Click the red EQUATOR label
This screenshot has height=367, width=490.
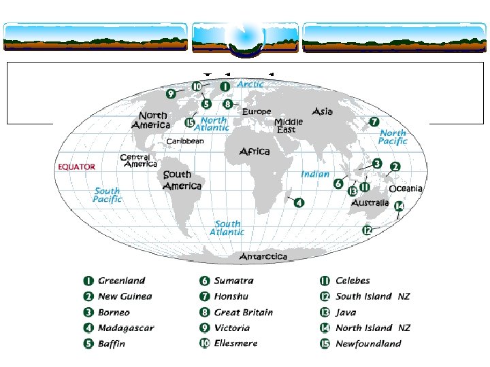(76, 167)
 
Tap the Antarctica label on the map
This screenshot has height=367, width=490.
(263, 256)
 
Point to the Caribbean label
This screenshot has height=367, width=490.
(185, 141)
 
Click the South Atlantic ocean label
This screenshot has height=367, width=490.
(227, 228)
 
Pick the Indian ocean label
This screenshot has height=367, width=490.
(315, 174)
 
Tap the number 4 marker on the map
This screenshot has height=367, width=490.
(299, 202)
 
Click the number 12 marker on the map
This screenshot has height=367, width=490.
(367, 230)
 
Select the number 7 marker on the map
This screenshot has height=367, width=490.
(374, 122)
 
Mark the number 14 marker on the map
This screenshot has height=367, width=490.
(399, 206)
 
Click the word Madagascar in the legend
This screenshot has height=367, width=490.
(126, 328)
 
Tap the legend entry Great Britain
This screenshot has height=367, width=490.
(243, 312)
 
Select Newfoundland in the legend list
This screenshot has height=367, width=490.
(368, 343)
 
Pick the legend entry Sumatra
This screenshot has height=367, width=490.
(233, 281)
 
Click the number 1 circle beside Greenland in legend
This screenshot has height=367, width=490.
(88, 281)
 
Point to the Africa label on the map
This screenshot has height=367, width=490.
(254, 152)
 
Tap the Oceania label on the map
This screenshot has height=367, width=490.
(406, 188)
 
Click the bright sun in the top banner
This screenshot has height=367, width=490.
(245, 31)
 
